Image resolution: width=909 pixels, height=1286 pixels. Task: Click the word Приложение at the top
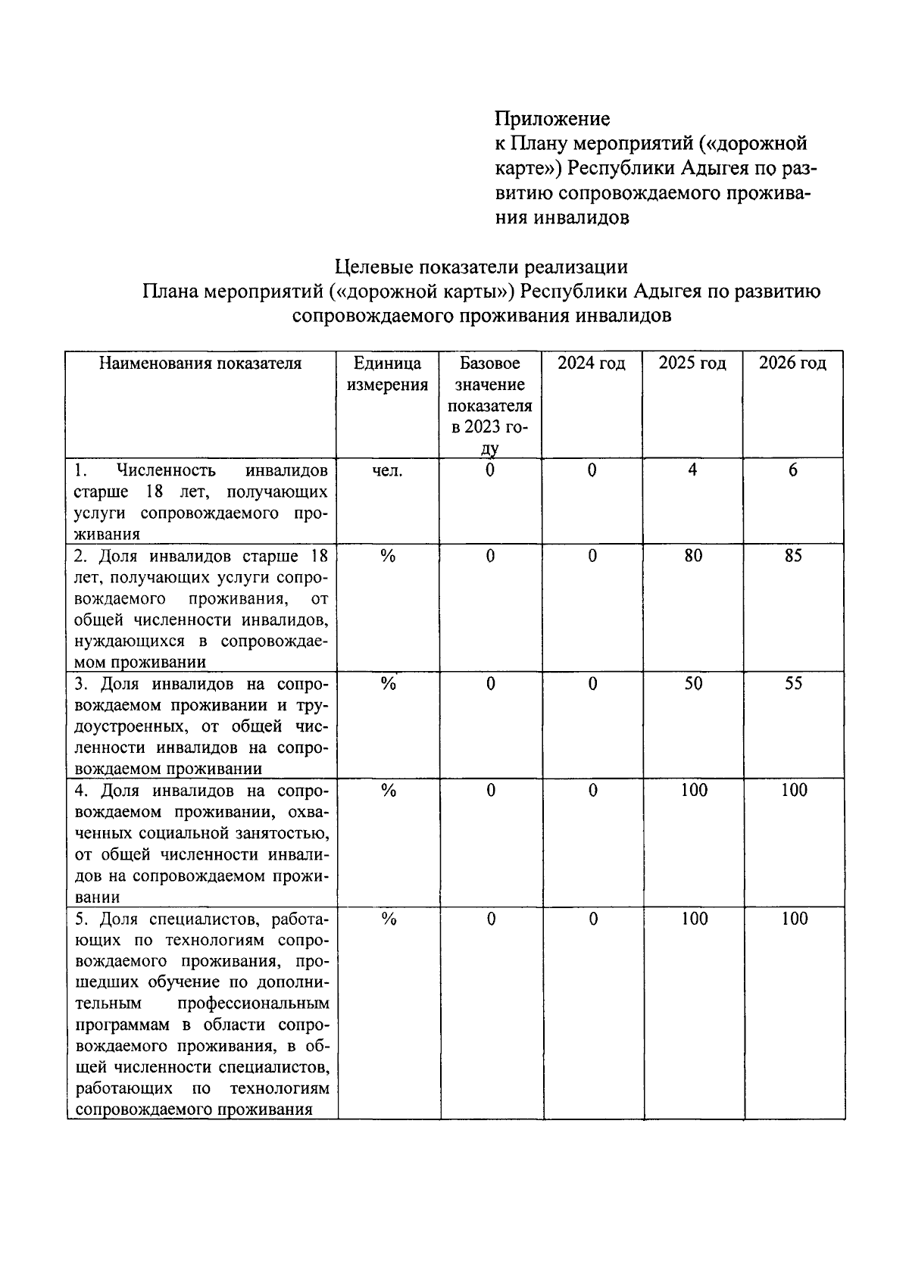pos(552,119)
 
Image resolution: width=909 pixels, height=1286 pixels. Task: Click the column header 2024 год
pos(592,364)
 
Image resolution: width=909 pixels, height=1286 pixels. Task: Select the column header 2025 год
pos(692,364)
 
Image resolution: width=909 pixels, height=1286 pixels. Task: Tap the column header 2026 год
pos(793,364)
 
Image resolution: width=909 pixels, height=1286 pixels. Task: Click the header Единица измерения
pos(387,374)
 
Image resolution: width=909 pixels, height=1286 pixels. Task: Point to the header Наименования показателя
pos(201,364)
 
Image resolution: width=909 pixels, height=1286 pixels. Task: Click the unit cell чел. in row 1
pos(388,470)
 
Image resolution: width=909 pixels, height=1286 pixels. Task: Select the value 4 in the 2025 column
pos(692,470)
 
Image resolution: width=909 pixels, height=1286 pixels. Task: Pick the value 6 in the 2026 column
pos(793,470)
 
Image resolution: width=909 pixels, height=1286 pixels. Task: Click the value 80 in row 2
pos(693,556)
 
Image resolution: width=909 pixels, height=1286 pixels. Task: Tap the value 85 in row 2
pos(793,556)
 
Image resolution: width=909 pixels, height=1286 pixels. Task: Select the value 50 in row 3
pos(693,684)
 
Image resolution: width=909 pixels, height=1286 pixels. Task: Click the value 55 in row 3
pos(793,684)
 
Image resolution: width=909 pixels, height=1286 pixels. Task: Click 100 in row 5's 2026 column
pos(795,919)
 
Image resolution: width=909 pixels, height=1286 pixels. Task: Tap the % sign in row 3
pos(389,684)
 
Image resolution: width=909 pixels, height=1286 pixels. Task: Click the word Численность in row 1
pos(166,471)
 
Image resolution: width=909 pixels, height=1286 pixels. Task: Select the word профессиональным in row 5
pos(254,1004)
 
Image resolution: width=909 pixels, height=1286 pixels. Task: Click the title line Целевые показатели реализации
pos(482,267)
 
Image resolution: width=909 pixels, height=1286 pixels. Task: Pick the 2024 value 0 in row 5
pos(593,919)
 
